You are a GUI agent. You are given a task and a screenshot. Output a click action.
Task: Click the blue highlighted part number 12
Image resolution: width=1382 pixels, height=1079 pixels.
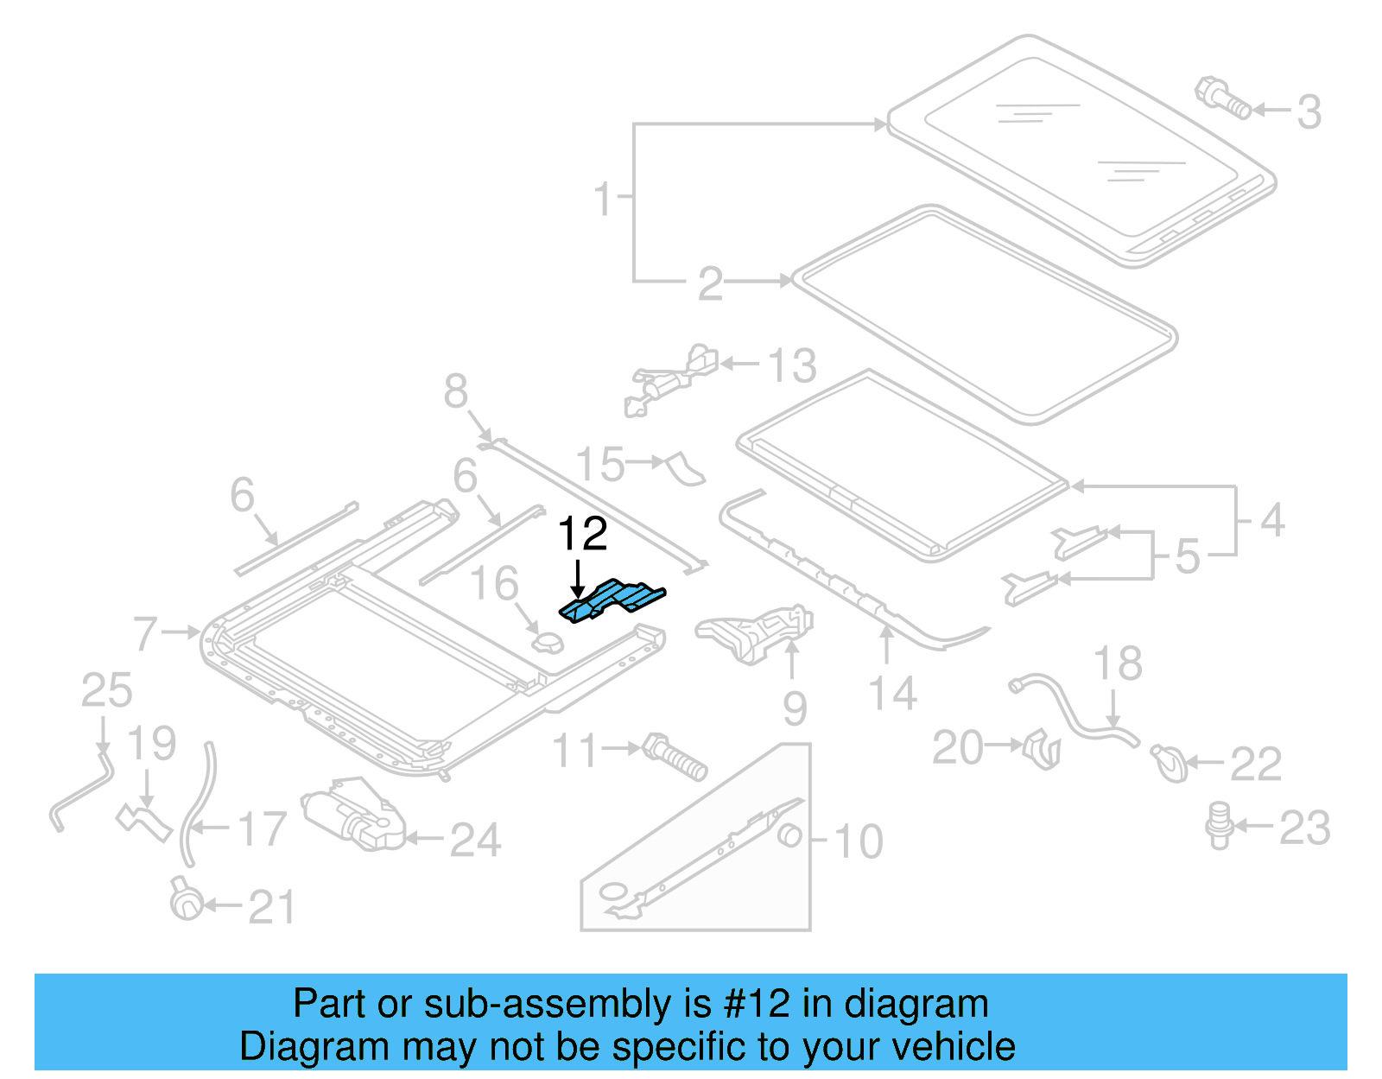(613, 600)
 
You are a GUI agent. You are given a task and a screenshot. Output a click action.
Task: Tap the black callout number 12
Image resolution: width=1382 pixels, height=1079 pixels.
(583, 534)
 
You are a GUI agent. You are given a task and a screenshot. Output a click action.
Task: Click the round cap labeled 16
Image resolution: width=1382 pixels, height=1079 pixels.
(547, 644)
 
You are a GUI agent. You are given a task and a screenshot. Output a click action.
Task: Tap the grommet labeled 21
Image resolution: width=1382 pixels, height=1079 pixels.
(186, 900)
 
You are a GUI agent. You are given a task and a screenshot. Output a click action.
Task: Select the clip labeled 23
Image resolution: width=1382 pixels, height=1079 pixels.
(1219, 824)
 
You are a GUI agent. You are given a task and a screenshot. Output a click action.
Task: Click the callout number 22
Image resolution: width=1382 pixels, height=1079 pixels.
(1255, 765)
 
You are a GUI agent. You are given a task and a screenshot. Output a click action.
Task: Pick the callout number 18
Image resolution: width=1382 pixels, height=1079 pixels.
(1117, 664)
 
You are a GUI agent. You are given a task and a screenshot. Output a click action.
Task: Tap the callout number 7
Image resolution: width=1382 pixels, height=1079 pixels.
(145, 633)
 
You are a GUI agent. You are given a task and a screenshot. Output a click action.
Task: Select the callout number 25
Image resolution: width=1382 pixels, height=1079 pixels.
(106, 691)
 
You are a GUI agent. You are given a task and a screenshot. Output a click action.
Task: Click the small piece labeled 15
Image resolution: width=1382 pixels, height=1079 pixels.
(685, 467)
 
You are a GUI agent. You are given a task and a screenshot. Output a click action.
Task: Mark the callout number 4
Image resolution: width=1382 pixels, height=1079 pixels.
(1272, 521)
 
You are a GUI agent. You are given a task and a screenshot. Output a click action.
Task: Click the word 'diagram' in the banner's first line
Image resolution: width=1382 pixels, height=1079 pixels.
(916, 1005)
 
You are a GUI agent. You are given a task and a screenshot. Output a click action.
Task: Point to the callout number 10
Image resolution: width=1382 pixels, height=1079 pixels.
(858, 841)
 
